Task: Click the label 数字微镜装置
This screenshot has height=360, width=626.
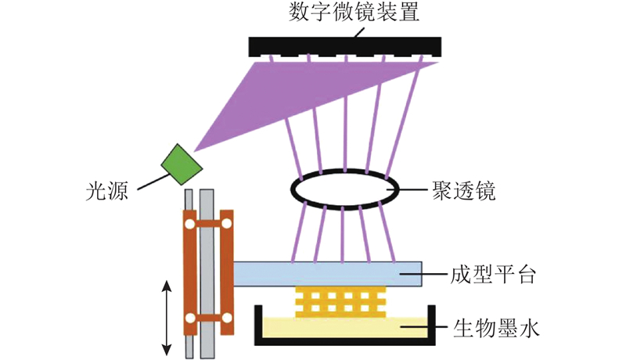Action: click(354, 13)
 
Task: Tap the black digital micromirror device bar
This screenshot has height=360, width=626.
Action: click(345, 46)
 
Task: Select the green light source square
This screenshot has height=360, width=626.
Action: click(182, 164)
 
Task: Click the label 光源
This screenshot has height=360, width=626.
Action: click(107, 190)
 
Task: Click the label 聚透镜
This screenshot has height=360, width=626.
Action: click(463, 191)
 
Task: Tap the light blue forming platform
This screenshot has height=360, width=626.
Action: click(327, 274)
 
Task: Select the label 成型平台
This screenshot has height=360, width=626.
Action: click(493, 275)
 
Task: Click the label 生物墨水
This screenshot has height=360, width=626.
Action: click(496, 328)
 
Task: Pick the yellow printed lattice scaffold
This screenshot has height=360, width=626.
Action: click(340, 302)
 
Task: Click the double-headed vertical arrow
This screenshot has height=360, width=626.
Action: click(167, 318)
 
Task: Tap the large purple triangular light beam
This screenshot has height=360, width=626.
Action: click(279, 99)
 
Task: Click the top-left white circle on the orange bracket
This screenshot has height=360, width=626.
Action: click(190, 224)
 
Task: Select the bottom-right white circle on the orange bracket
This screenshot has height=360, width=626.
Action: click(227, 318)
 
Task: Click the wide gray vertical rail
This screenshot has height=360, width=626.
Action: click(207, 274)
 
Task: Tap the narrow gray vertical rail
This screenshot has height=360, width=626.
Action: click(189, 274)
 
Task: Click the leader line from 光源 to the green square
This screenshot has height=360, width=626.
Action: click(153, 182)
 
